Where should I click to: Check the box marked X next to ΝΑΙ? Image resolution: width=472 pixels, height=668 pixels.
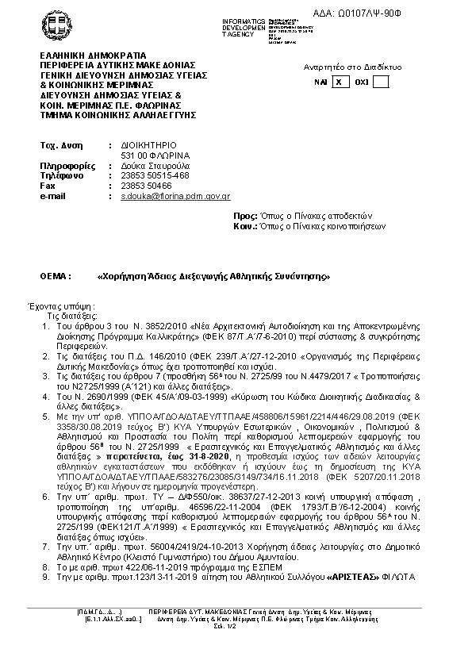point(339,82)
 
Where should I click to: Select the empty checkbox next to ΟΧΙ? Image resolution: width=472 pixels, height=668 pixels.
point(380,82)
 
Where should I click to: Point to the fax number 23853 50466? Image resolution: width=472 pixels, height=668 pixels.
point(146,185)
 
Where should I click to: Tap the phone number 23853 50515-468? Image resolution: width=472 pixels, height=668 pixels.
point(155,175)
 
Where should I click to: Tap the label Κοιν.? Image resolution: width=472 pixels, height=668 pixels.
point(246,226)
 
